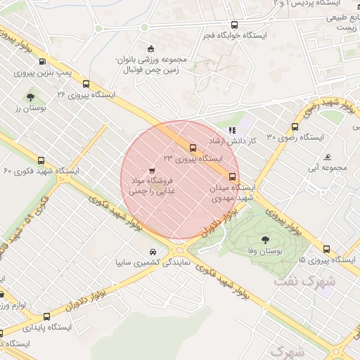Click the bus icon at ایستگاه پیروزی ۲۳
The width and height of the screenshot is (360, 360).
[x=193, y=147]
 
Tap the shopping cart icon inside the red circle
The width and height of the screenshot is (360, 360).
[x=153, y=170]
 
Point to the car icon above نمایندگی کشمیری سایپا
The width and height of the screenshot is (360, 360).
[x=153, y=252]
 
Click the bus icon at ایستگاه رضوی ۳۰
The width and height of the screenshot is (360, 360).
[x=294, y=127]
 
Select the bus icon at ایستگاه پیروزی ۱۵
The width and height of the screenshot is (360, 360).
[x=326, y=248]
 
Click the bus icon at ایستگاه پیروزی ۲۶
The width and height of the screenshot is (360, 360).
[x=86, y=82]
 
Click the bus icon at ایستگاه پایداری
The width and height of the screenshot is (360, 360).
[x=46, y=316]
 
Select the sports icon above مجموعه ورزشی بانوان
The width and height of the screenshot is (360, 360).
[x=149, y=49]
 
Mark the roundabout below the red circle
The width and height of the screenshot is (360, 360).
[x=178, y=246]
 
